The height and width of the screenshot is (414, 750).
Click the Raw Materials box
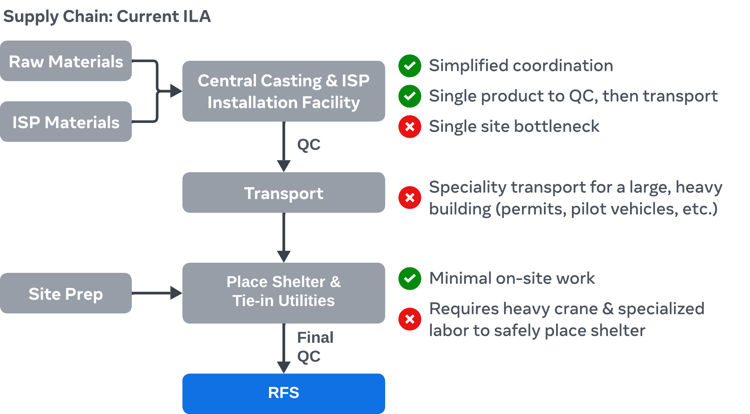pos(66,61)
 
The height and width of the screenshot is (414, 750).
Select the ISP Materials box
pos(66,122)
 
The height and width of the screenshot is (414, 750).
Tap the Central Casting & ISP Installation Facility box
pos(284,91)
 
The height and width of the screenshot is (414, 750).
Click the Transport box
pos(284,193)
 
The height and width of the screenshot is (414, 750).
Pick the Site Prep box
pos(66,293)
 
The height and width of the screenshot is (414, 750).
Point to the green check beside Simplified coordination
pos(409,66)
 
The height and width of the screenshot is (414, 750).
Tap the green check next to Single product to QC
pos(409,96)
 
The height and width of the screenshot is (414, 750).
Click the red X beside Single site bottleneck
pos(409,127)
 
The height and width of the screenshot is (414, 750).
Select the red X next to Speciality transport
pos(409,198)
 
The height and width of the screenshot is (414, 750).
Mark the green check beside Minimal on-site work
pos(409,279)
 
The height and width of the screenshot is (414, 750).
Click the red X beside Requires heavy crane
pos(409,319)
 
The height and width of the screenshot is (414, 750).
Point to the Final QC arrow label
pos(315,347)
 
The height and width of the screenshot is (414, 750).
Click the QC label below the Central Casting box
pos(309,145)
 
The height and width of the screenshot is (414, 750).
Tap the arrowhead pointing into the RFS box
pos(284,367)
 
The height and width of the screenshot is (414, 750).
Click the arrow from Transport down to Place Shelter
pos(284,236)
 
